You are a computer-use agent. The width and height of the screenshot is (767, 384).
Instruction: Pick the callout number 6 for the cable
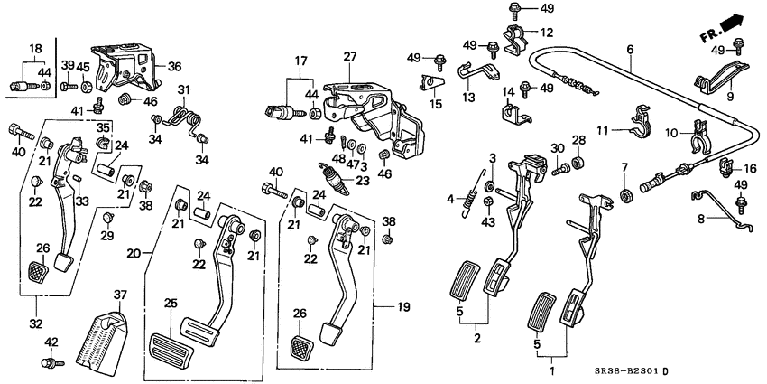[x=630, y=49]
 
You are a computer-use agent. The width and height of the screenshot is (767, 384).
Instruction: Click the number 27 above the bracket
[x=350, y=57]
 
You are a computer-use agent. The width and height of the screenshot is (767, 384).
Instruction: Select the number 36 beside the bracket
[x=174, y=66]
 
